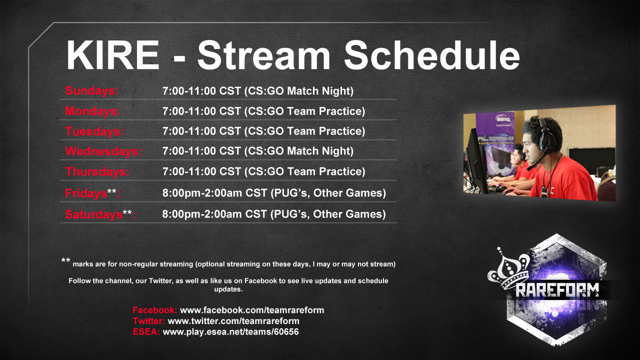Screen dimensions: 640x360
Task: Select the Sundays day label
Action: tap(91, 91)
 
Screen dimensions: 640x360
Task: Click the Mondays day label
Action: tap(93, 111)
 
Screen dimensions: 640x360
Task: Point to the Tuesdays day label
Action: tap(94, 131)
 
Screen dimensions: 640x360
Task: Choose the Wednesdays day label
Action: tap(103, 151)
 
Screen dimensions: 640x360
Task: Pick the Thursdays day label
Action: tap(97, 171)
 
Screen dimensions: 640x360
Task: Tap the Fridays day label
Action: tap(92, 193)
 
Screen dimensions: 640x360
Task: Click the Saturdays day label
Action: tap(100, 214)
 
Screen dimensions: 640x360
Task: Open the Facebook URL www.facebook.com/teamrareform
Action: tap(252, 310)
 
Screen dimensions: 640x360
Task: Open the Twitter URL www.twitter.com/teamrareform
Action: tap(233, 321)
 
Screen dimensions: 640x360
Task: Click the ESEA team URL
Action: tap(230, 331)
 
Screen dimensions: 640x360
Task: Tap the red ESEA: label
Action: tap(146, 331)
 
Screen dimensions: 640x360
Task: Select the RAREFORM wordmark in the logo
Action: tap(557, 290)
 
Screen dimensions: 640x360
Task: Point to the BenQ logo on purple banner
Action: tap(503, 119)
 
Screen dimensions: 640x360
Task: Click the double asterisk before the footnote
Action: tap(65, 260)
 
